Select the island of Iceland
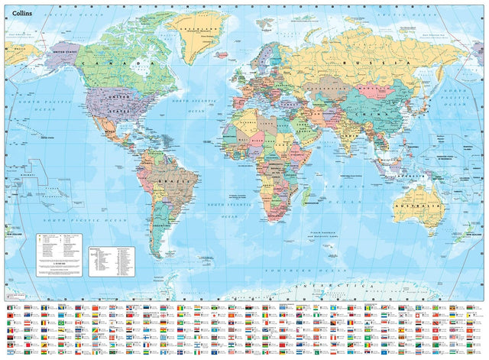click(x=226, y=56)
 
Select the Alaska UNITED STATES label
click(x=64, y=50)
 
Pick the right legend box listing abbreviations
click(x=112, y=260)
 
